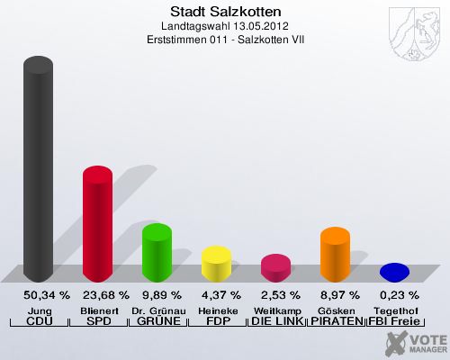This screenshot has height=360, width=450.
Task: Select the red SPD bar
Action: pyautogui.click(x=97, y=224)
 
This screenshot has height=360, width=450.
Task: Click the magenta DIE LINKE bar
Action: pyautogui.click(x=275, y=268)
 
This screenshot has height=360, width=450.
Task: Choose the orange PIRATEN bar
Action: pyautogui.click(x=335, y=254)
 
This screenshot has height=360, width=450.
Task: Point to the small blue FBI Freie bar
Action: pyautogui.click(x=394, y=272)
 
